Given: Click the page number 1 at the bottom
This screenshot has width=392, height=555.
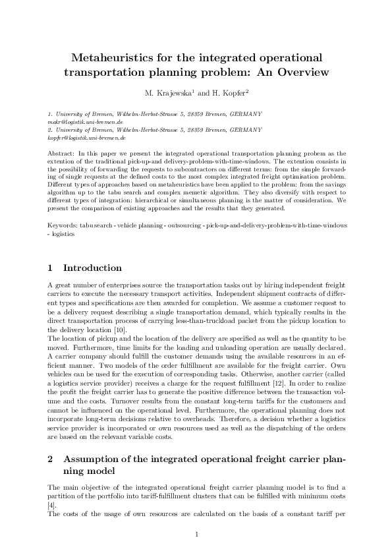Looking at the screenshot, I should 196,535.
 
